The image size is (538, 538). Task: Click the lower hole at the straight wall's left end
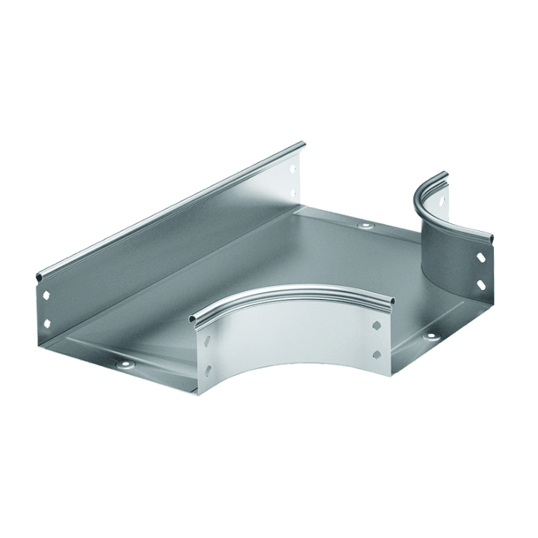[x=48, y=323]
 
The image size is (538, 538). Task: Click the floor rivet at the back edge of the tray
[x=365, y=226]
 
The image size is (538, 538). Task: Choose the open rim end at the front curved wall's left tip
[x=192, y=320]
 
